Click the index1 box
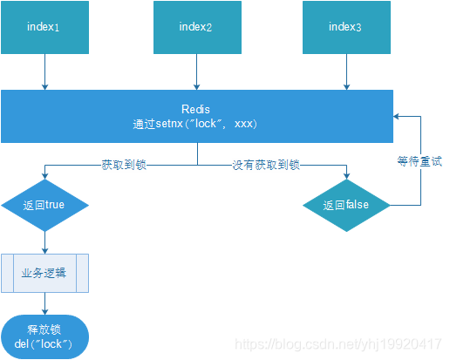coord(43,27)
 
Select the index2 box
coord(196,27)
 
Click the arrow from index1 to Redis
coord(43,71)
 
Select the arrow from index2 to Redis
coord(196,71)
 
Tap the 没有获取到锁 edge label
coord(265,164)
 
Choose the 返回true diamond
coord(43,206)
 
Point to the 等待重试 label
coord(420,160)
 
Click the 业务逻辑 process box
coord(44,273)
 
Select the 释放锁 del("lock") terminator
coord(44,336)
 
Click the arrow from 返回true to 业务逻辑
coord(44,241)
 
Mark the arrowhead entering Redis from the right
coord(398,116)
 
